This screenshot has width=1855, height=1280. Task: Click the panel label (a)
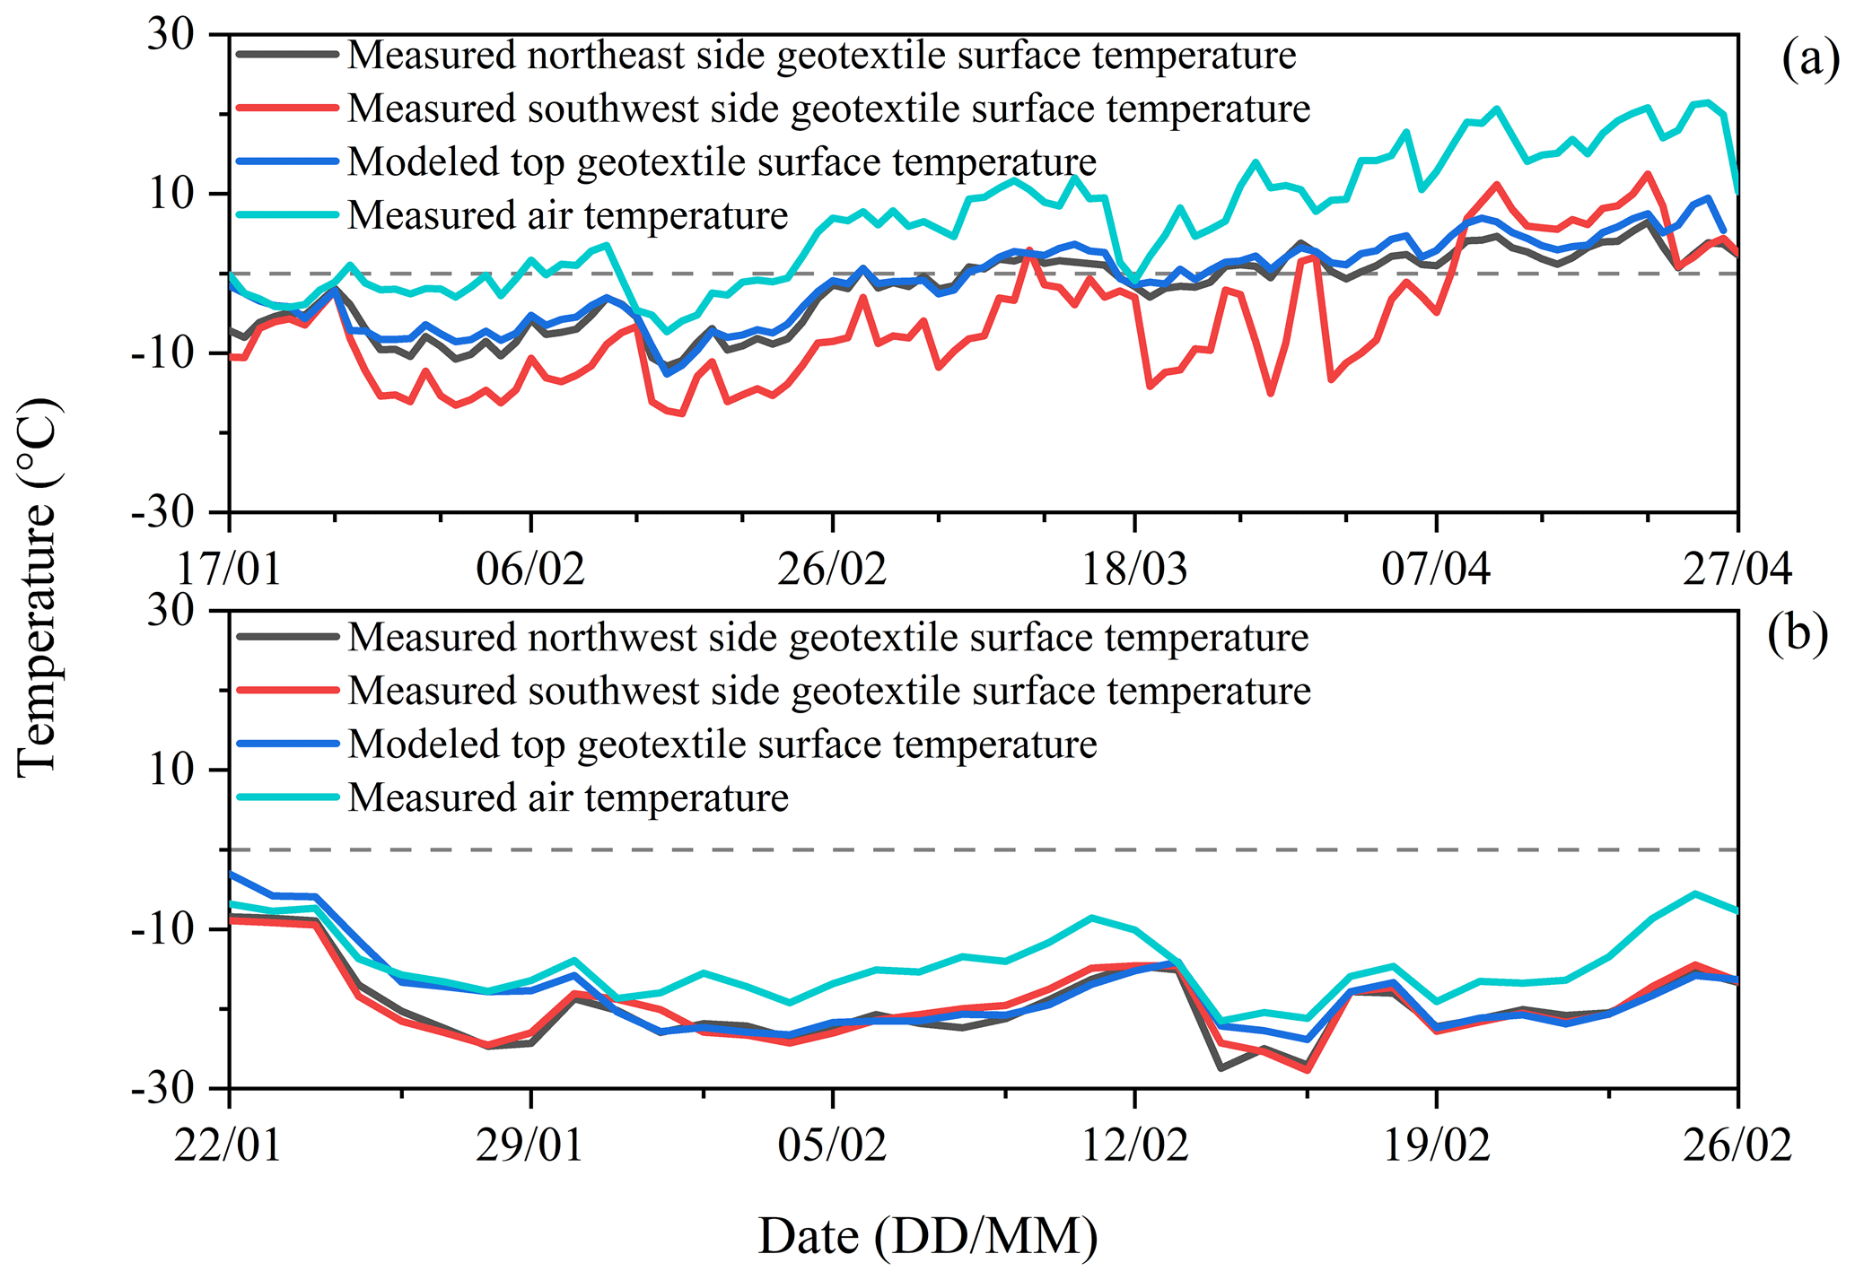(1809, 61)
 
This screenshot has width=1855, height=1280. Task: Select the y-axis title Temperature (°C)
(38, 587)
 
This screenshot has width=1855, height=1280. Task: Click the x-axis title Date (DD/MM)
(928, 1237)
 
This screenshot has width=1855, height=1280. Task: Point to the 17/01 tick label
(229, 569)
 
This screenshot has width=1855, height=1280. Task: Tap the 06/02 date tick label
(530, 569)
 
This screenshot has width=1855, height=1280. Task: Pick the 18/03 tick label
(1134, 569)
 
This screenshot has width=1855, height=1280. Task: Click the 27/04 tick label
(1737, 569)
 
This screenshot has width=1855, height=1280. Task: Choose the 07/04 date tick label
(1436, 569)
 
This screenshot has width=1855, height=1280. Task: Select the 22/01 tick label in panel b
(229, 1145)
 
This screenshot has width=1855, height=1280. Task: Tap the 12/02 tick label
(1134, 1145)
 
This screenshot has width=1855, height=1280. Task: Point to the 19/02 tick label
(1436, 1145)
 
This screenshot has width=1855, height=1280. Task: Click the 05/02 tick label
(833, 1145)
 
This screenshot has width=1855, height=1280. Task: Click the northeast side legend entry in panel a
(821, 56)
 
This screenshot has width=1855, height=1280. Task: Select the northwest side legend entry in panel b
(827, 638)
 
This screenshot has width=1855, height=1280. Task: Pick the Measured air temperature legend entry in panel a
(567, 215)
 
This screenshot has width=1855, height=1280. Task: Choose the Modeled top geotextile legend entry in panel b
(722, 744)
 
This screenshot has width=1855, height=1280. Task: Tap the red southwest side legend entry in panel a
(828, 109)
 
